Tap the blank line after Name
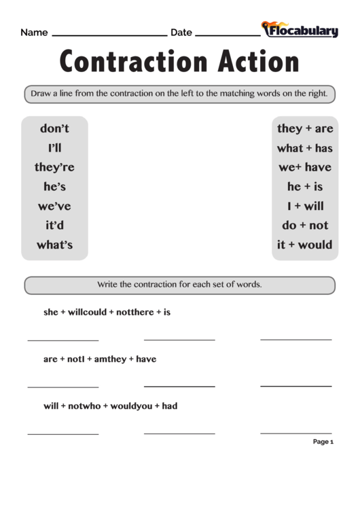pyautogui.click(x=109, y=34)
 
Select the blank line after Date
pyautogui.click(x=227, y=34)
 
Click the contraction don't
pyautogui.click(x=54, y=128)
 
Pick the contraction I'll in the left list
pyautogui.click(x=54, y=147)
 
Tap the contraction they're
pyautogui.click(x=54, y=167)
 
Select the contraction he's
pyautogui.click(x=54, y=186)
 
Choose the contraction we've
pyautogui.click(x=54, y=206)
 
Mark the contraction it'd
pyautogui.click(x=54, y=225)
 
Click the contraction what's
pyautogui.click(x=54, y=245)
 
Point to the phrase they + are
pyautogui.click(x=305, y=128)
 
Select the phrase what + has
pyautogui.click(x=305, y=147)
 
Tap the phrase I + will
pyautogui.click(x=305, y=206)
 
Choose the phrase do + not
pyautogui.click(x=305, y=225)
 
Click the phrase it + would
pyautogui.click(x=305, y=245)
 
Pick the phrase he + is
pyautogui.click(x=305, y=186)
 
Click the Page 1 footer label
pyautogui.click(x=323, y=442)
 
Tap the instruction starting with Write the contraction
pyautogui.click(x=179, y=284)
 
